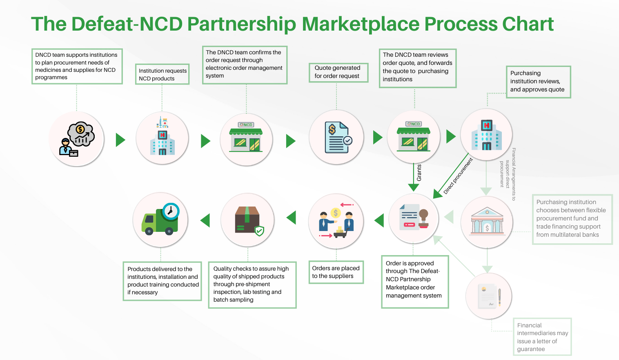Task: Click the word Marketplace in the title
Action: click(x=358, y=24)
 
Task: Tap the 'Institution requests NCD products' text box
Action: click(x=163, y=74)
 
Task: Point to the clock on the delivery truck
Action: click(x=170, y=211)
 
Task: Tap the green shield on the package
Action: click(x=259, y=231)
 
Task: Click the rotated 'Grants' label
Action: click(x=419, y=173)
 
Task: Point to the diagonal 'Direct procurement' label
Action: click(x=458, y=176)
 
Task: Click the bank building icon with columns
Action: click(x=487, y=222)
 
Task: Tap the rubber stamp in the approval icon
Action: click(x=423, y=218)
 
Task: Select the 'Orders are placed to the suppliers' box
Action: click(x=336, y=272)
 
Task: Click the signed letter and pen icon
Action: click(x=489, y=296)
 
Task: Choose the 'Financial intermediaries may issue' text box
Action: click(x=542, y=337)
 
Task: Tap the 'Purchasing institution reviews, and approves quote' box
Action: click(x=538, y=82)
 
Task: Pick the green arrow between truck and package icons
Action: click(x=205, y=220)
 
